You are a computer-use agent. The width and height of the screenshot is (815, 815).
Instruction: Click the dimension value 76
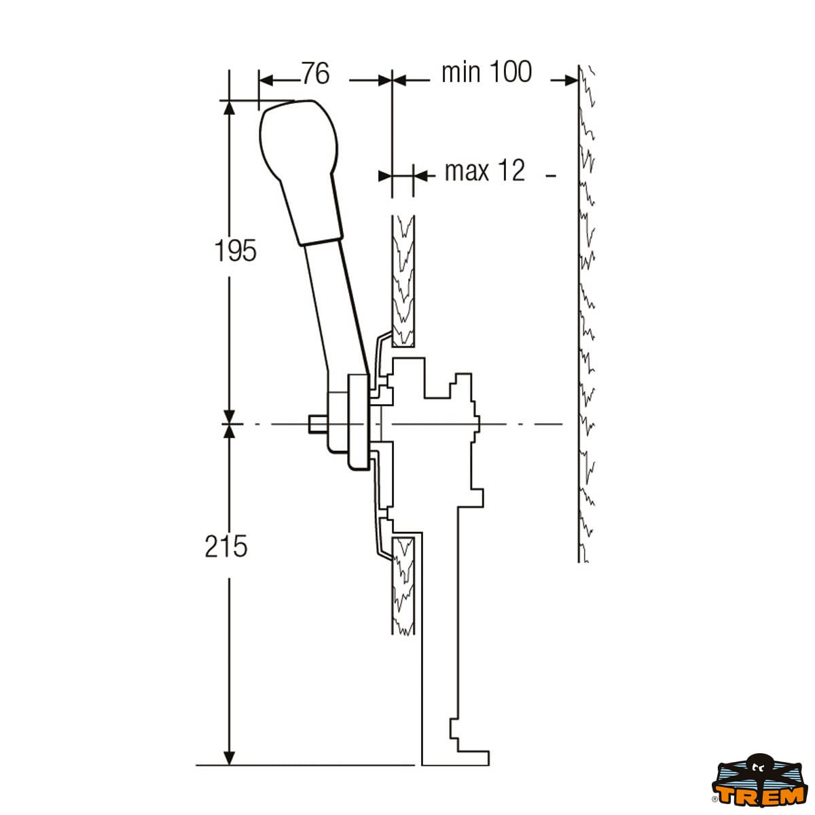[x=315, y=73]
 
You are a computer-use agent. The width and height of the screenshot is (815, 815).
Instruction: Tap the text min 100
[x=486, y=72]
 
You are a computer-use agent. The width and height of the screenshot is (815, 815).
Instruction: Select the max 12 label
[x=485, y=170]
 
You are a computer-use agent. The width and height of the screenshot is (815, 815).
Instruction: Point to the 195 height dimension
[x=236, y=251]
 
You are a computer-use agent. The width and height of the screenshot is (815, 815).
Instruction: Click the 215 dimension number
[x=226, y=547]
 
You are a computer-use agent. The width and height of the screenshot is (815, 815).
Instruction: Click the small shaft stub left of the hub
[x=317, y=424]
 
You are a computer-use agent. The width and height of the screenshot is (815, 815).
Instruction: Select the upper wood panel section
[x=403, y=280]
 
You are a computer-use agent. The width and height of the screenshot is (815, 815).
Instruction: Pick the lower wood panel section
[x=403, y=585]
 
